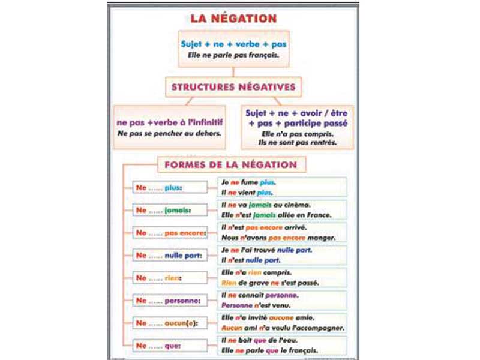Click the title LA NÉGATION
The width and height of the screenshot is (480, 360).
click(x=233, y=18)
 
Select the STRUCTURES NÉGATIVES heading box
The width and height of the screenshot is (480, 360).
click(x=233, y=87)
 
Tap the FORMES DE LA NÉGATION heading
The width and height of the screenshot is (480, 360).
click(x=232, y=164)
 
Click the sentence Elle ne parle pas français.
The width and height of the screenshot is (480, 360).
click(x=233, y=55)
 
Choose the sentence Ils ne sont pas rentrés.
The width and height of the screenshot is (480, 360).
click(x=298, y=143)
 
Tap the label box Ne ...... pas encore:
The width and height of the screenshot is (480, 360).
click(x=169, y=233)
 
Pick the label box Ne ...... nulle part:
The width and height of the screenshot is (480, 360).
click(x=169, y=255)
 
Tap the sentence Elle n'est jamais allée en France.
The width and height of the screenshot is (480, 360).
click(x=276, y=215)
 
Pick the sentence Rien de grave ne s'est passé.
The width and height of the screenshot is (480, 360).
click(x=270, y=283)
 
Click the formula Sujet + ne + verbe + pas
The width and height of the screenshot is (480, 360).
click(x=233, y=44)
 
